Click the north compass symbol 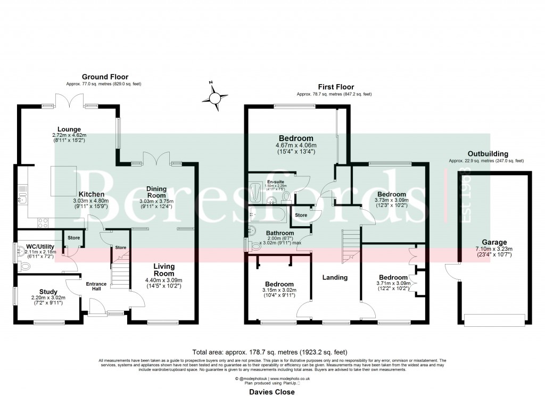(x=215, y=98)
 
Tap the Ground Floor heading (x=105, y=77)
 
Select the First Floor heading (x=336, y=87)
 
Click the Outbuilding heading (x=485, y=154)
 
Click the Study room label (x=48, y=291)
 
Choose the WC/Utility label (x=40, y=246)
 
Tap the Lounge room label (x=70, y=129)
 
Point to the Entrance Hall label (x=96, y=286)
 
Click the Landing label (x=335, y=277)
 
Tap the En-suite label (x=275, y=182)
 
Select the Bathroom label (x=280, y=233)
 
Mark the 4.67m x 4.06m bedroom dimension (x=295, y=145)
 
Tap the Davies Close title (x=272, y=391)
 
